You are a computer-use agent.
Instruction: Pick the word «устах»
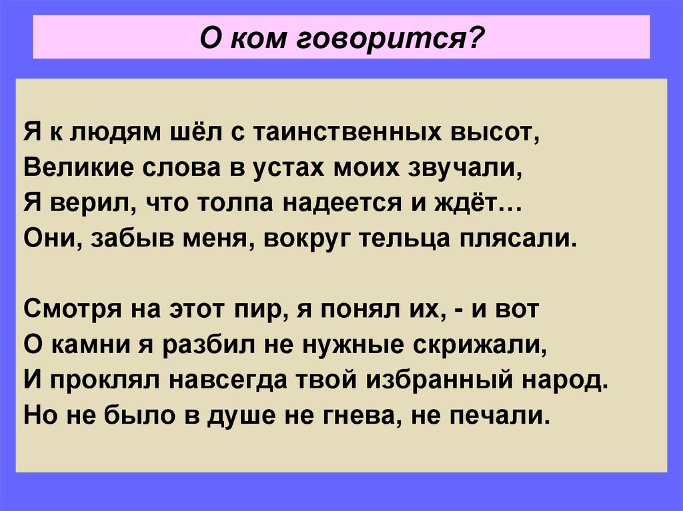coord(285,167)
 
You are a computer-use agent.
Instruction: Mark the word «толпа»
coord(237,203)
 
